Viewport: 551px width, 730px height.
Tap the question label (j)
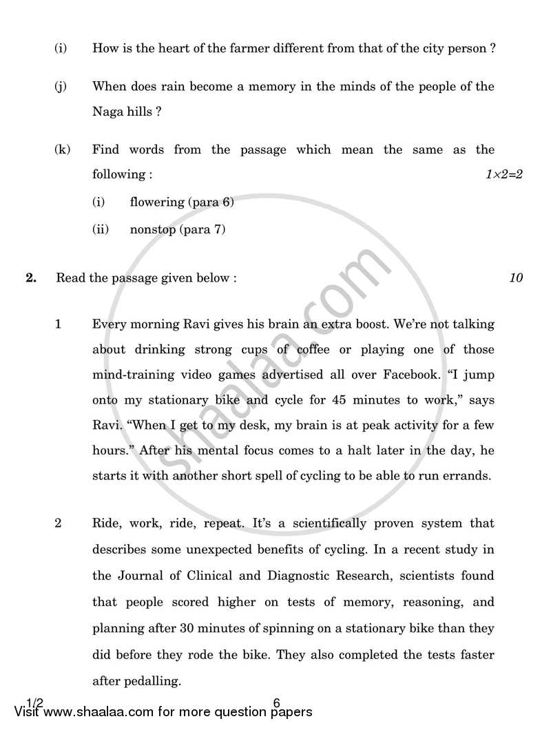pos(61,86)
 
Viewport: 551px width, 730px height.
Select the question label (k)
pos(62,149)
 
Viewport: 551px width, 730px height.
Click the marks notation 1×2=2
pos(503,175)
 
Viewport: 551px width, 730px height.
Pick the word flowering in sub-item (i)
pos(157,202)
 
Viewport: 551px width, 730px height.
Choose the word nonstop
pos(152,230)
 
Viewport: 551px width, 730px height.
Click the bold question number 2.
pos(30,278)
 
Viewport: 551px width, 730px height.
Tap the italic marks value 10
pos(516,278)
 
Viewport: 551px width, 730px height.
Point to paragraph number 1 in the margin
pos(59,324)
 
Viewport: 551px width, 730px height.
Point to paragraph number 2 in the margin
pos(59,523)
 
